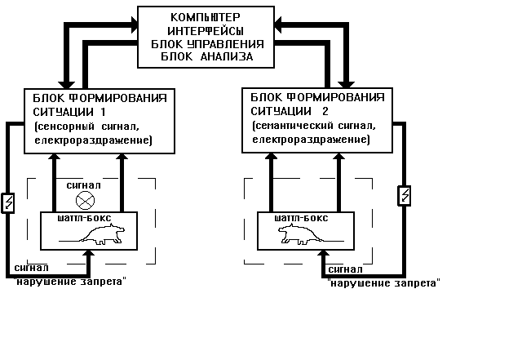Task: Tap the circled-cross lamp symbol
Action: pos(83,199)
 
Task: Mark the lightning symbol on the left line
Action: pos(10,202)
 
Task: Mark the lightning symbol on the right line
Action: pos(403,197)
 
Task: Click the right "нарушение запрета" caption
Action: pos(383,282)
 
